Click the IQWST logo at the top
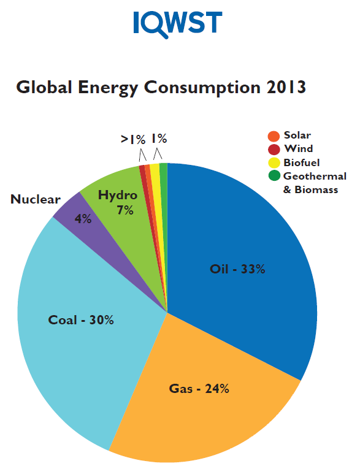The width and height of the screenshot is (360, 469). tap(177, 23)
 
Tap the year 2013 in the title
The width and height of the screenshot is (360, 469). tap(283, 87)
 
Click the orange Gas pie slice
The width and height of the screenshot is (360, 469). tap(202, 417)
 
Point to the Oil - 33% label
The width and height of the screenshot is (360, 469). tap(237, 269)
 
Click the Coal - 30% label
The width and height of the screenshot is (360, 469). tap(81, 320)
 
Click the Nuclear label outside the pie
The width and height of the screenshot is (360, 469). tap(36, 199)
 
